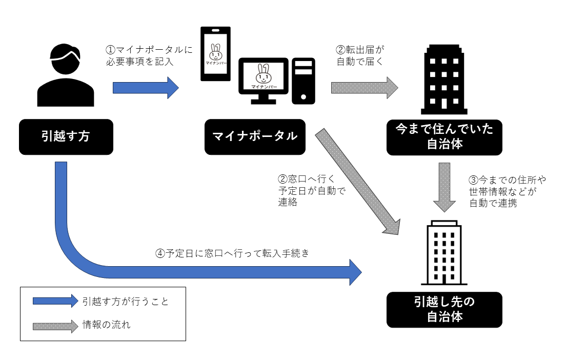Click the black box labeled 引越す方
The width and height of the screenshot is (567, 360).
click(66, 137)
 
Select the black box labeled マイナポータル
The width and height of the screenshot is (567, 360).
click(255, 137)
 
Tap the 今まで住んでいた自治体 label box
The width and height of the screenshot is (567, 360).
click(444, 137)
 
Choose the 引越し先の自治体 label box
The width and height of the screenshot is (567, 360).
click(444, 309)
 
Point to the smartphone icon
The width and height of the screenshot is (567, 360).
click(215, 54)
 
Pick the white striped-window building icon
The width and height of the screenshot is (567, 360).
click(444, 252)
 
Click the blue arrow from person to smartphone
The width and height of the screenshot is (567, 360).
click(146, 88)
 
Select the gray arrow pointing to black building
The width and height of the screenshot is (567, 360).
click(364, 88)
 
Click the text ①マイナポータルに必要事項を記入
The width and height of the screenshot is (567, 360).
click(149, 56)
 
